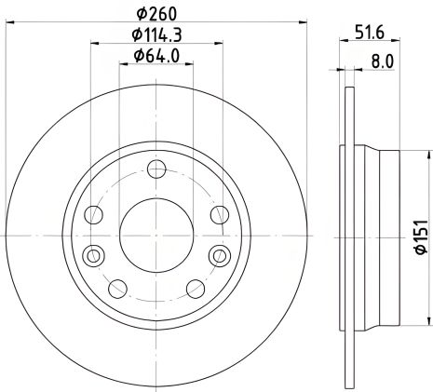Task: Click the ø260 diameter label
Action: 156,12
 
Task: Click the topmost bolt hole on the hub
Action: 156,169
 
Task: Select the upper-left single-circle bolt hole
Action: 93,216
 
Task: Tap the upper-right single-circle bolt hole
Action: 219,216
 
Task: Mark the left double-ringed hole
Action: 92,255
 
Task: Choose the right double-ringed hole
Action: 220,255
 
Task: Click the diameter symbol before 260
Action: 141,12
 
